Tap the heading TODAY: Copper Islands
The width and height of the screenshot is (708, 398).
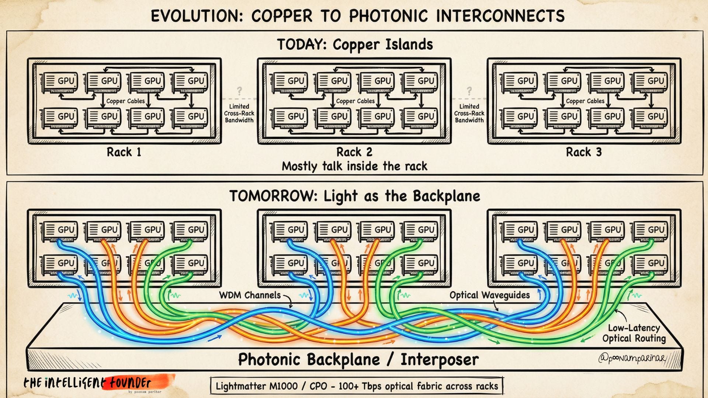coord(355,45)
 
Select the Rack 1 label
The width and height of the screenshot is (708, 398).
coord(124,152)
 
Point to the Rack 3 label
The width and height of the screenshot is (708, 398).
coord(584,152)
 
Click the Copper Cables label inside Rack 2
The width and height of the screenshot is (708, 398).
coord(355,101)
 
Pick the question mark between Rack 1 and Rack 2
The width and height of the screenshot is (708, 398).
coord(239,91)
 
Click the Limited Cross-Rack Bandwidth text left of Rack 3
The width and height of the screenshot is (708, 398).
coord(469,113)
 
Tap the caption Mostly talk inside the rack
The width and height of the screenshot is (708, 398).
coord(354,166)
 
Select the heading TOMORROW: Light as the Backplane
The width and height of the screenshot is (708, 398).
coord(355,196)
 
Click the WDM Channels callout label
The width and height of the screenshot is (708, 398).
coord(250,295)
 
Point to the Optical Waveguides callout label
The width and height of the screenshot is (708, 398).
coord(489,295)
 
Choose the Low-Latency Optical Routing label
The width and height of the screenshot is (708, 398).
coord(634,333)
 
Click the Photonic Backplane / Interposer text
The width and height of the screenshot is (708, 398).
coord(358,359)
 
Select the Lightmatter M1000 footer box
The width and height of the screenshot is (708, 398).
coord(357,386)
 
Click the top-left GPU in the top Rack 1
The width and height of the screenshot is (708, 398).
coord(60,82)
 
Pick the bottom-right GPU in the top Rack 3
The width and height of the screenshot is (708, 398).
coord(649,117)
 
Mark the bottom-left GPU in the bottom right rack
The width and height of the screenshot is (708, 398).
coord(520,264)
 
